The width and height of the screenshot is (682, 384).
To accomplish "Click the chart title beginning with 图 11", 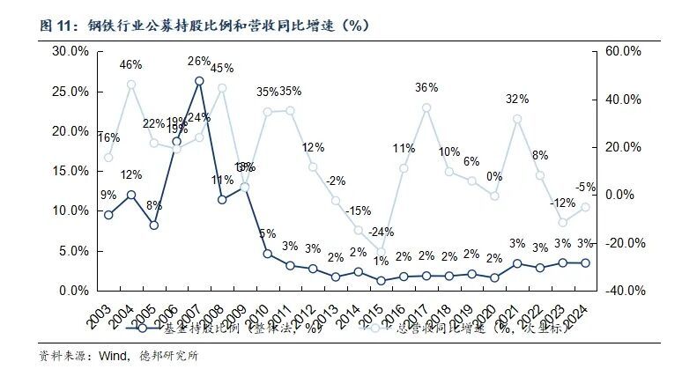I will (x=203, y=25).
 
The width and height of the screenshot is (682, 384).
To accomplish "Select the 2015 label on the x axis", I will (x=378, y=311).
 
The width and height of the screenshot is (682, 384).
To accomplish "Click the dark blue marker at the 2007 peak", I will (x=199, y=81).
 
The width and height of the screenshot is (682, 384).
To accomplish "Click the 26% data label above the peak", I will (x=199, y=62).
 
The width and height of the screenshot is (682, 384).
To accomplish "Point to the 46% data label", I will (x=131, y=64).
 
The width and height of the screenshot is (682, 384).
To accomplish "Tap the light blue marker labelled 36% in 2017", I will (x=426, y=108).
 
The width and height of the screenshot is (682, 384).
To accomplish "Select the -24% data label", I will (x=380, y=232).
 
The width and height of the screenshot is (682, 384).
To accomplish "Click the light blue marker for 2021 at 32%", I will (x=517, y=119).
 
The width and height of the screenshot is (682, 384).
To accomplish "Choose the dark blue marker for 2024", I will (x=585, y=262).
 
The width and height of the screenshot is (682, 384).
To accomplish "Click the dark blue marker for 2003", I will (x=108, y=215).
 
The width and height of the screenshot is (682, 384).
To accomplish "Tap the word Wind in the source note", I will (x=93, y=357).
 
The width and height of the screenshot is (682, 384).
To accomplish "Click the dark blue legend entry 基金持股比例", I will (x=220, y=329).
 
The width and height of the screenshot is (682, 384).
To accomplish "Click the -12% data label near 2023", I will (x=562, y=203).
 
